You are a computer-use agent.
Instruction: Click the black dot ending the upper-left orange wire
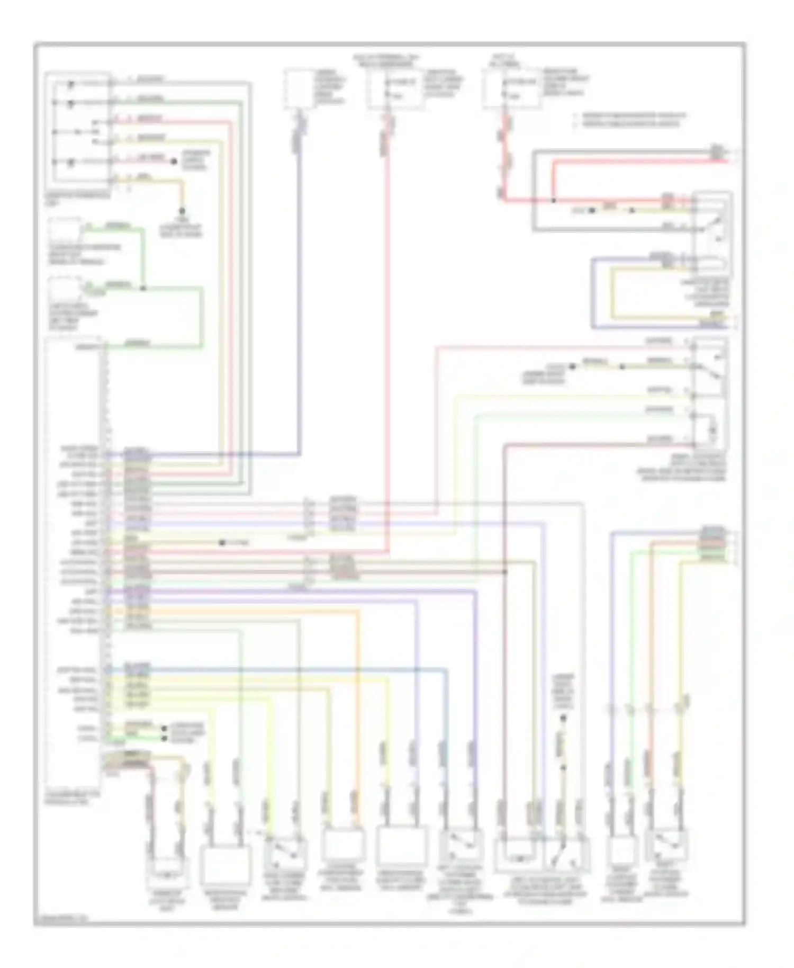click(x=182, y=210)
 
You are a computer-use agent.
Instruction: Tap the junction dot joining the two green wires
click(x=143, y=289)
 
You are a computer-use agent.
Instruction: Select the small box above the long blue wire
click(x=299, y=88)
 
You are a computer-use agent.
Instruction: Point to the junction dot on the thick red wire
click(x=553, y=201)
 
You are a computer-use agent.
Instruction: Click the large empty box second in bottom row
click(x=224, y=864)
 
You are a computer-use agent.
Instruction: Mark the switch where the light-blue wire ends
click(x=461, y=846)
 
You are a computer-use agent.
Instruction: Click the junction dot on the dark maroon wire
click(x=505, y=572)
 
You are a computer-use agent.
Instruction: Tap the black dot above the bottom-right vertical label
click(x=563, y=718)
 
